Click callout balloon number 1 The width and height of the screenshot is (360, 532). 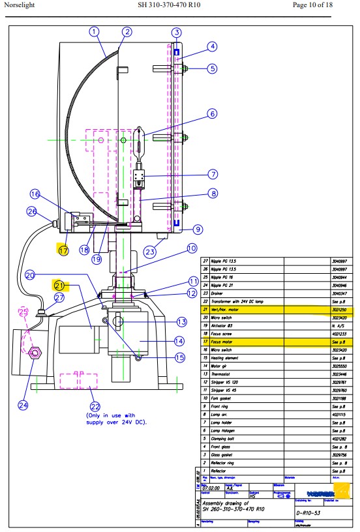click(x=94, y=31)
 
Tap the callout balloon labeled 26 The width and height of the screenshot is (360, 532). click(x=31, y=211)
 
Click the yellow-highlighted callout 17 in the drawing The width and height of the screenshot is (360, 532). click(x=63, y=249)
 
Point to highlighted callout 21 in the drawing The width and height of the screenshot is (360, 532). click(x=60, y=285)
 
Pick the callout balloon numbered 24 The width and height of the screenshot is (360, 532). click(x=23, y=405)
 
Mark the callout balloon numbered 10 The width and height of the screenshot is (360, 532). click(x=191, y=248)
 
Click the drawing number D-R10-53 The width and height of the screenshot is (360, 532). click(x=308, y=513)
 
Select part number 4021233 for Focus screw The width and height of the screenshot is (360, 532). click(x=341, y=332)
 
